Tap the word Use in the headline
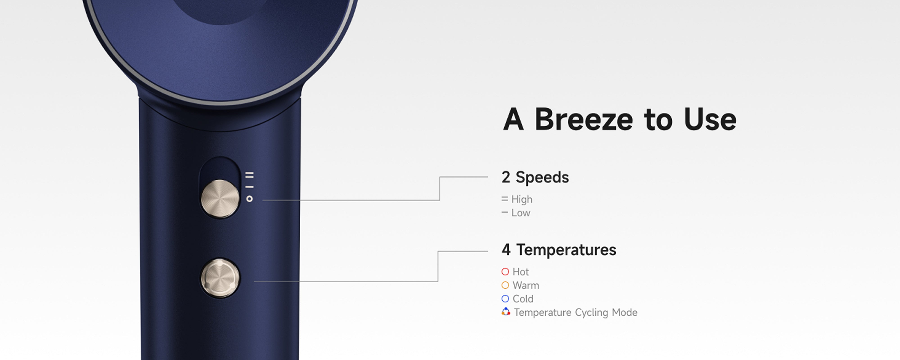[710, 119]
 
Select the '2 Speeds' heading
[535, 177]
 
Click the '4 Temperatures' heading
[559, 250]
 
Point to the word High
[522, 199]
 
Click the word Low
[521, 213]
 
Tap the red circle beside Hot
[505, 272]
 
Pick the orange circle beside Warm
[505, 285]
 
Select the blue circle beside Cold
[505, 299]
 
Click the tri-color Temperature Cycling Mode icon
[506, 311]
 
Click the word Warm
[526, 286]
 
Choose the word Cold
[523, 299]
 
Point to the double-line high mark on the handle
[250, 175]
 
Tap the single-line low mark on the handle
[250, 187]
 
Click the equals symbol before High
[504, 199]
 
